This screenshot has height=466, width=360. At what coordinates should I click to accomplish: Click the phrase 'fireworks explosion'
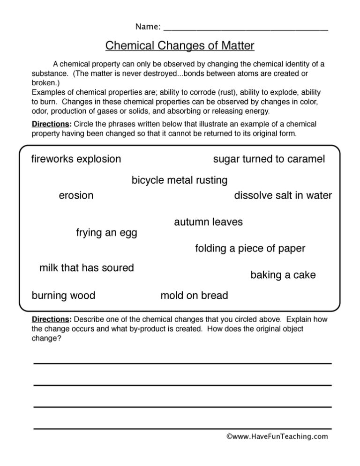point(76,159)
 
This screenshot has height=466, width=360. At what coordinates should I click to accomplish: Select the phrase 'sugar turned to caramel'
point(269,159)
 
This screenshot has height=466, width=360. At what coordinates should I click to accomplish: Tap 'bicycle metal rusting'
point(180,180)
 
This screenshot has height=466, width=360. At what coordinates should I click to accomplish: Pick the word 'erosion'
point(76,196)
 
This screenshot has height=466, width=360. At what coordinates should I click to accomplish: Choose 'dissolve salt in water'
point(283,196)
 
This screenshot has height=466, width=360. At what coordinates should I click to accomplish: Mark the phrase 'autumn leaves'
point(208,222)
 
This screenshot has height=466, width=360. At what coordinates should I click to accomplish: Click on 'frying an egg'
point(106,233)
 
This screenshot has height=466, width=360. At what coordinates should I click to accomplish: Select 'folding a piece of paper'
point(250,249)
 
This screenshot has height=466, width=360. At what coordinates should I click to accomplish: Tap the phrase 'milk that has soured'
point(87,268)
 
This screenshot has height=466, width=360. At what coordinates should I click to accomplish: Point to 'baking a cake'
point(283,275)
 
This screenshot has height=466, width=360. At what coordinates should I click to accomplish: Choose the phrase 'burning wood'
point(63,296)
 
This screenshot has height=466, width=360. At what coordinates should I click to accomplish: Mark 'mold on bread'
point(194,296)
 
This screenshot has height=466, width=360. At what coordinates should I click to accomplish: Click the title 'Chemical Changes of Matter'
point(180,45)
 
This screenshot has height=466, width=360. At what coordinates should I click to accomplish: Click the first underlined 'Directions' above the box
point(51,124)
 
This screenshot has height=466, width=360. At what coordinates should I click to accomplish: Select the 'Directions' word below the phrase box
point(51,319)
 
